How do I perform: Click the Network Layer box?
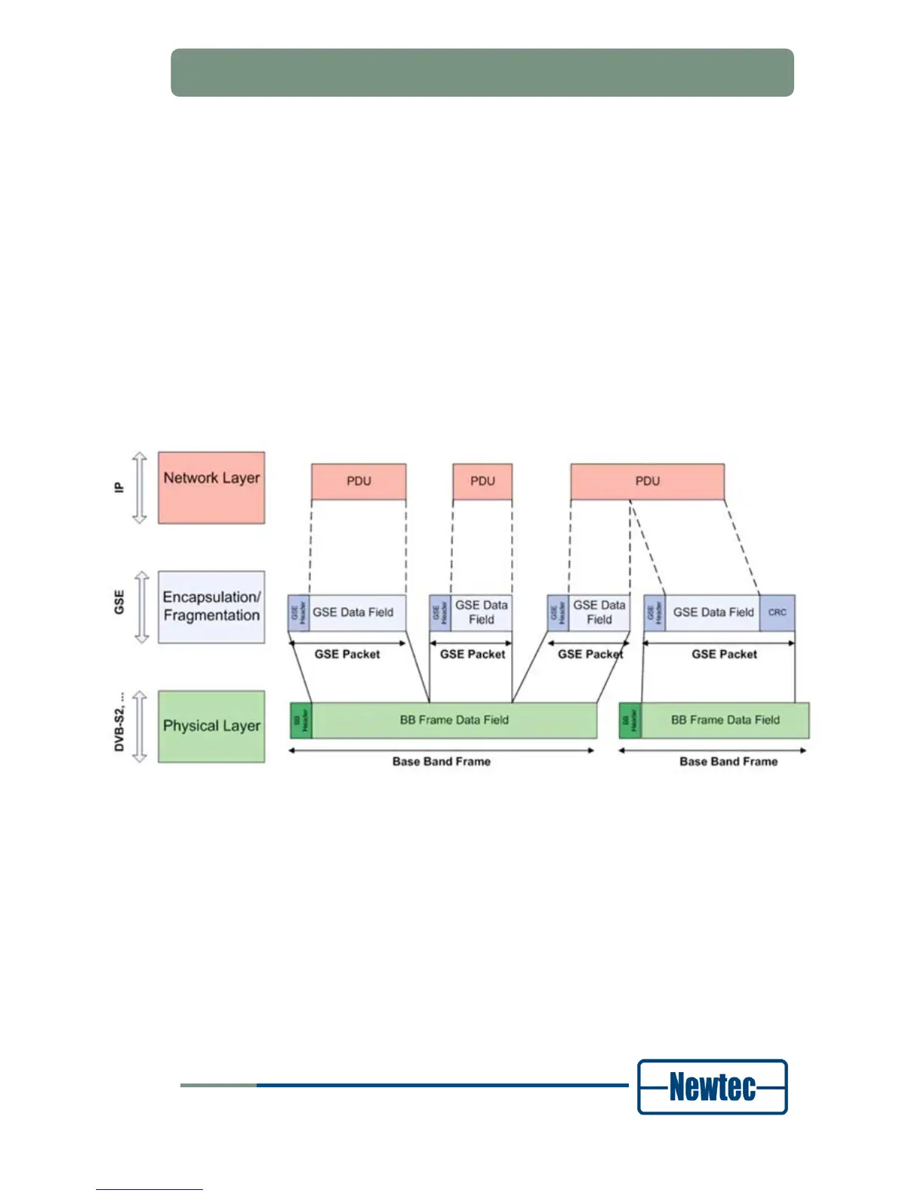(211, 488)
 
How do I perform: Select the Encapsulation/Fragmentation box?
(211, 607)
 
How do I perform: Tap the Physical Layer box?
(211, 726)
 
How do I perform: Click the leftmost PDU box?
(359, 482)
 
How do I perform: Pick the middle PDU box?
(482, 482)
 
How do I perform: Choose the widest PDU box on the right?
(647, 482)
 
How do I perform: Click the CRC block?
(777, 612)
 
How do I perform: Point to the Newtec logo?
(712, 1087)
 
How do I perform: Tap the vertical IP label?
(119, 488)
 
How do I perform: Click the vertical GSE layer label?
(119, 603)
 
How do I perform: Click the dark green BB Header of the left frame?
(301, 720)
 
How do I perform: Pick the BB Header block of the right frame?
(630, 720)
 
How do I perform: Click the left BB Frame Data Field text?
(454, 720)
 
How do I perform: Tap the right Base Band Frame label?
(728, 762)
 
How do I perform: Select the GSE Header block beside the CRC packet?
(654, 612)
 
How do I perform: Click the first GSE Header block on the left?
(299, 612)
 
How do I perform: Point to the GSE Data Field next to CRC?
(713, 612)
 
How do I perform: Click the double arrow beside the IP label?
(140, 488)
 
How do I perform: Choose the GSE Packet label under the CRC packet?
(724, 655)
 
